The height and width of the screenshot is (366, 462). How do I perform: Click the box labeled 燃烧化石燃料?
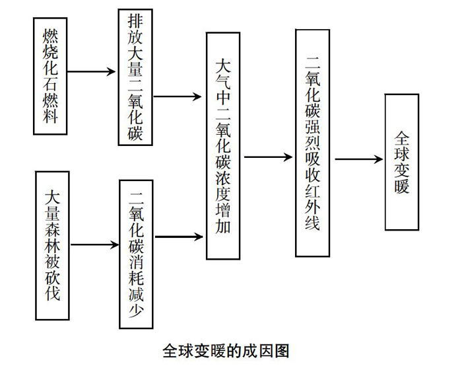click(50, 76)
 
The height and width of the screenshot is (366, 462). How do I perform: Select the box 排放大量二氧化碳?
click(135, 77)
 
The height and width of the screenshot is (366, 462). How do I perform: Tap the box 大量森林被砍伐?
click(52, 246)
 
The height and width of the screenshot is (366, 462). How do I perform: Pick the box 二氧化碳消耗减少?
click(136, 254)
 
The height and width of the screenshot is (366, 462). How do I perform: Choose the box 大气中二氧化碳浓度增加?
click(223, 146)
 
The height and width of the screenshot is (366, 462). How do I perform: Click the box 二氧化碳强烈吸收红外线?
click(313, 143)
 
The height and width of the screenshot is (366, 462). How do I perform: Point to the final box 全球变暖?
click(402, 162)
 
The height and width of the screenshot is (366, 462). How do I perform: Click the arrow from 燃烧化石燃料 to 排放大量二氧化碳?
click(91, 71)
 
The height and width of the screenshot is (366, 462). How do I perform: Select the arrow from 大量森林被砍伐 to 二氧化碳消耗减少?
click(94, 244)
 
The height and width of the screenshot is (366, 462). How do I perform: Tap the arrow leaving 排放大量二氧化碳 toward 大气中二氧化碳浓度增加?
click(178, 96)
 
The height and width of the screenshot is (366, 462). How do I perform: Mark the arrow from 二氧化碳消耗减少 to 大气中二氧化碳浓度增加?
click(179, 237)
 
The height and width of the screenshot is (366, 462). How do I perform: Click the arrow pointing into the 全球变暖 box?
click(359, 159)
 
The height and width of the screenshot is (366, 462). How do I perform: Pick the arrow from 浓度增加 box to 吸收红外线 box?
click(269, 157)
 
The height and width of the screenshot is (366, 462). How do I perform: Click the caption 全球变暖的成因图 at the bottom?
click(226, 351)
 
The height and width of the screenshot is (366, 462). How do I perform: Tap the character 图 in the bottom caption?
click(282, 351)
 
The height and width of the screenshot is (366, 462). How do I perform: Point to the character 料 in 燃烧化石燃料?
click(50, 115)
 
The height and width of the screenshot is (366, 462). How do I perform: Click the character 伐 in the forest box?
click(52, 293)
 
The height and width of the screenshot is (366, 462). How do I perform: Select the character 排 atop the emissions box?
click(135, 21)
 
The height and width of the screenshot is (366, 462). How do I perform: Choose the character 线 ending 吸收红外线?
click(313, 221)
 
